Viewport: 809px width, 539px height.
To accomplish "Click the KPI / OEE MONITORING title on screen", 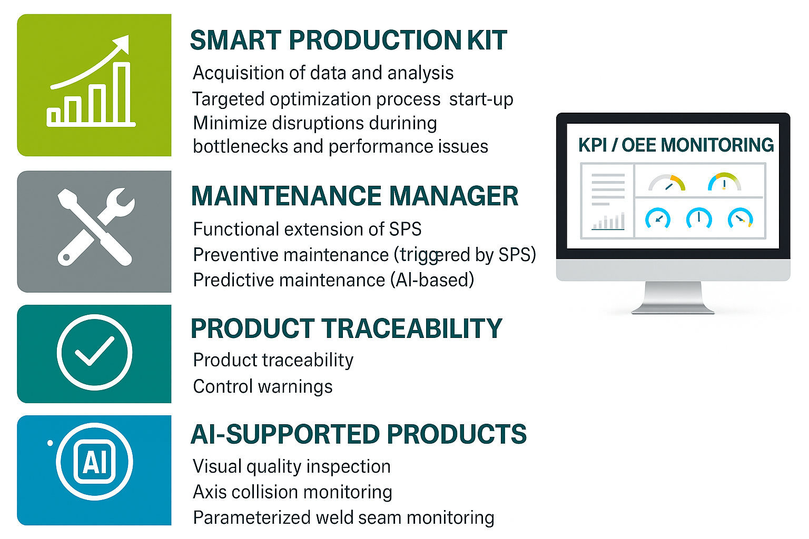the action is [x=676, y=145].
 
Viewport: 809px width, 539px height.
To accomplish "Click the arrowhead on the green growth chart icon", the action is [x=122, y=44].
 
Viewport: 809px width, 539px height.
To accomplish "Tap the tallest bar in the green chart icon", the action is [x=121, y=93].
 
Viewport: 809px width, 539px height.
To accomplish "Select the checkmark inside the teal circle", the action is [x=94, y=352].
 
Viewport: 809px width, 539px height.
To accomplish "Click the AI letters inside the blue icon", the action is [x=95, y=462].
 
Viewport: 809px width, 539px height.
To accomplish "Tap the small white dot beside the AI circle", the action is [x=50, y=443].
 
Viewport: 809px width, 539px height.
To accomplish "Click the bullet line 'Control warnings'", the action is [x=263, y=386].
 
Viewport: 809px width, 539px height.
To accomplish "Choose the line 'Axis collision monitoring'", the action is [x=292, y=492].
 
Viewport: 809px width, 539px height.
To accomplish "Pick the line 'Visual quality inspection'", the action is [x=292, y=466].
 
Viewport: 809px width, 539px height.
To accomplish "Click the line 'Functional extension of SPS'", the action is [x=308, y=229].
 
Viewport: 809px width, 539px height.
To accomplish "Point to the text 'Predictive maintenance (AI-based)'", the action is [x=334, y=280].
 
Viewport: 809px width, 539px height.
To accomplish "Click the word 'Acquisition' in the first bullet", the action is [x=238, y=73].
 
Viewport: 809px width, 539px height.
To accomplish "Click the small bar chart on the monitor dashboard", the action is [x=608, y=221].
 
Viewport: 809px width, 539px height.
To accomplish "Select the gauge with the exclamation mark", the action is [x=724, y=182].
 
